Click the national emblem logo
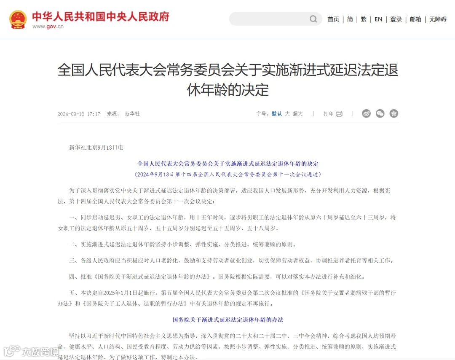18,19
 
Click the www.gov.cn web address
48,27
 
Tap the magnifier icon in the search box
313,19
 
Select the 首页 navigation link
333,19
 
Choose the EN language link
378,19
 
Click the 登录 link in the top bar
396,19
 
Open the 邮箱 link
415,19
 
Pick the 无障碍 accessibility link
438,19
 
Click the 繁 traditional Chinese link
364,19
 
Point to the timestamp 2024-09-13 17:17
79,114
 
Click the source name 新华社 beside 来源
132,114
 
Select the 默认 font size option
277,114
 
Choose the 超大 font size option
298,114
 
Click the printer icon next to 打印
339,114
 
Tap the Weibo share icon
366,113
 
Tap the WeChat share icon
380,113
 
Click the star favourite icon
394,113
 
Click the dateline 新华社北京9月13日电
96,148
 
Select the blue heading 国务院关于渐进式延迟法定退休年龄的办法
228,320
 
